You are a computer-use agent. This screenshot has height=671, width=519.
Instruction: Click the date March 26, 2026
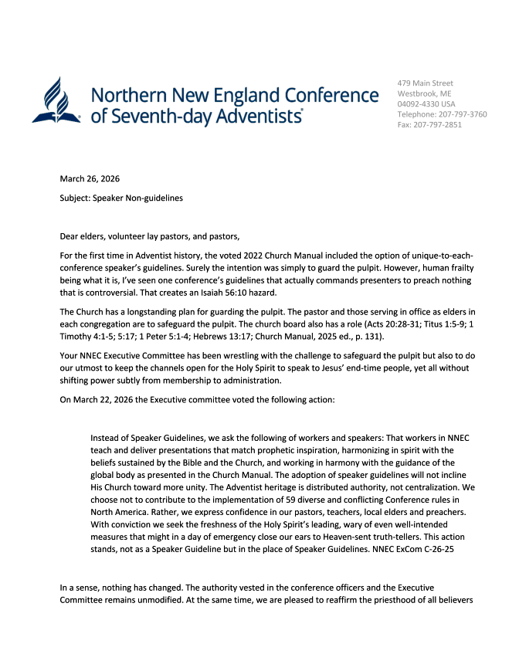[90, 179]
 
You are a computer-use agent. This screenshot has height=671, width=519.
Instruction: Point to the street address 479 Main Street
[425, 83]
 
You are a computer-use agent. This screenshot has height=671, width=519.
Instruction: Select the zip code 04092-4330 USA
[426, 103]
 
